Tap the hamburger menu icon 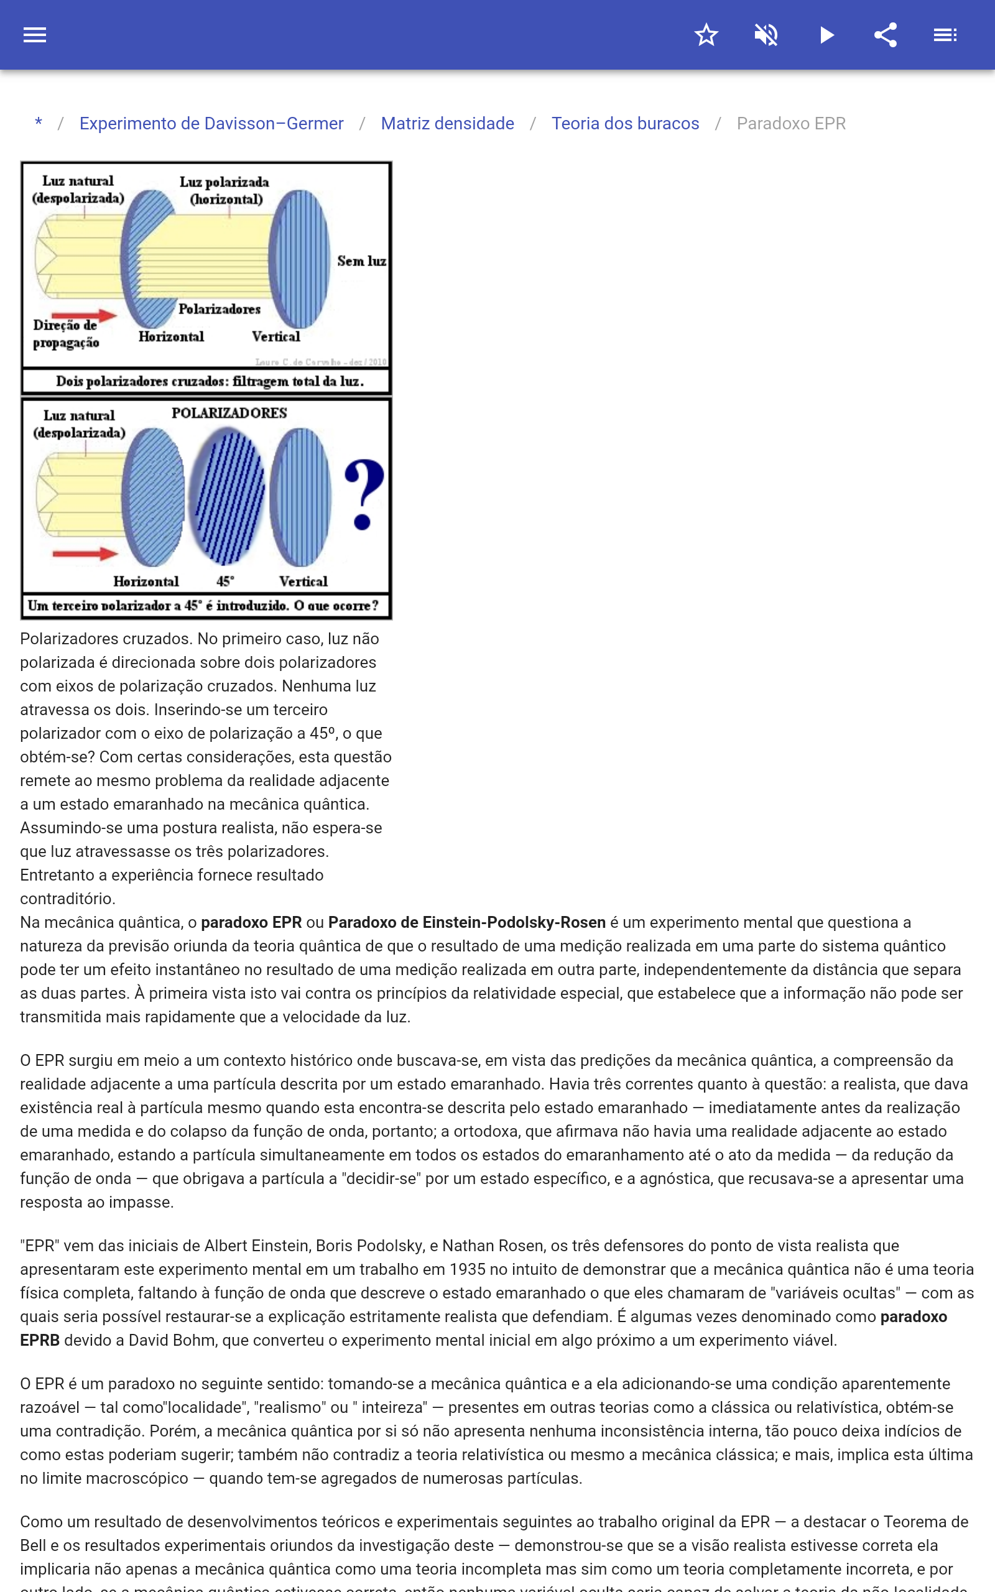[x=35, y=35]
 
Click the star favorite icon [x=706, y=35]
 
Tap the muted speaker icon [x=766, y=35]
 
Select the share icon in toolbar [x=886, y=35]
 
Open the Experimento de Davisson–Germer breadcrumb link [x=211, y=124]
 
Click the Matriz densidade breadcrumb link [x=448, y=124]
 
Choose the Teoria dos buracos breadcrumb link [x=625, y=124]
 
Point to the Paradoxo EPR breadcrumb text [x=791, y=124]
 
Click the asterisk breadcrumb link [x=39, y=124]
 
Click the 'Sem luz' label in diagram [x=361, y=261]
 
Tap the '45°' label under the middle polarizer [x=225, y=581]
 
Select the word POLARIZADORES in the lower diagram [x=229, y=413]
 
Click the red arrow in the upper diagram [x=83, y=316]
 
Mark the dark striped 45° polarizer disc [x=227, y=496]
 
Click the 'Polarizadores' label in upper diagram [x=219, y=309]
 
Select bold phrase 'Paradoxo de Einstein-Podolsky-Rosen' [x=466, y=922]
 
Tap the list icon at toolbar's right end [x=945, y=35]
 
